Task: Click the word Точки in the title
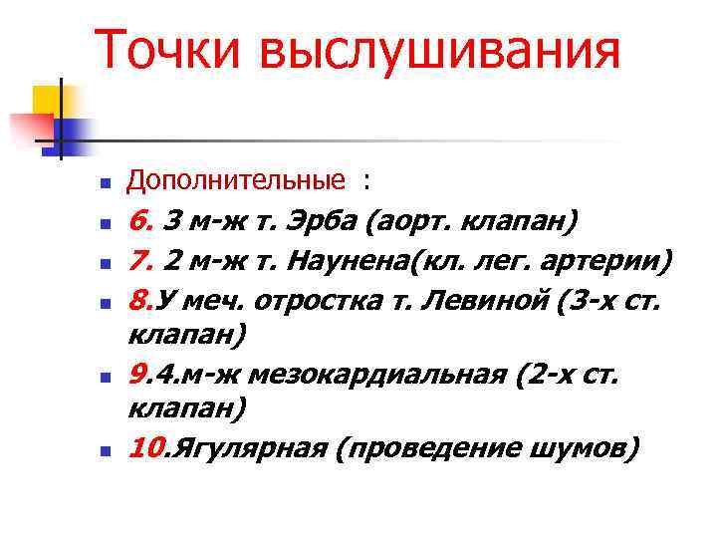click(x=166, y=50)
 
